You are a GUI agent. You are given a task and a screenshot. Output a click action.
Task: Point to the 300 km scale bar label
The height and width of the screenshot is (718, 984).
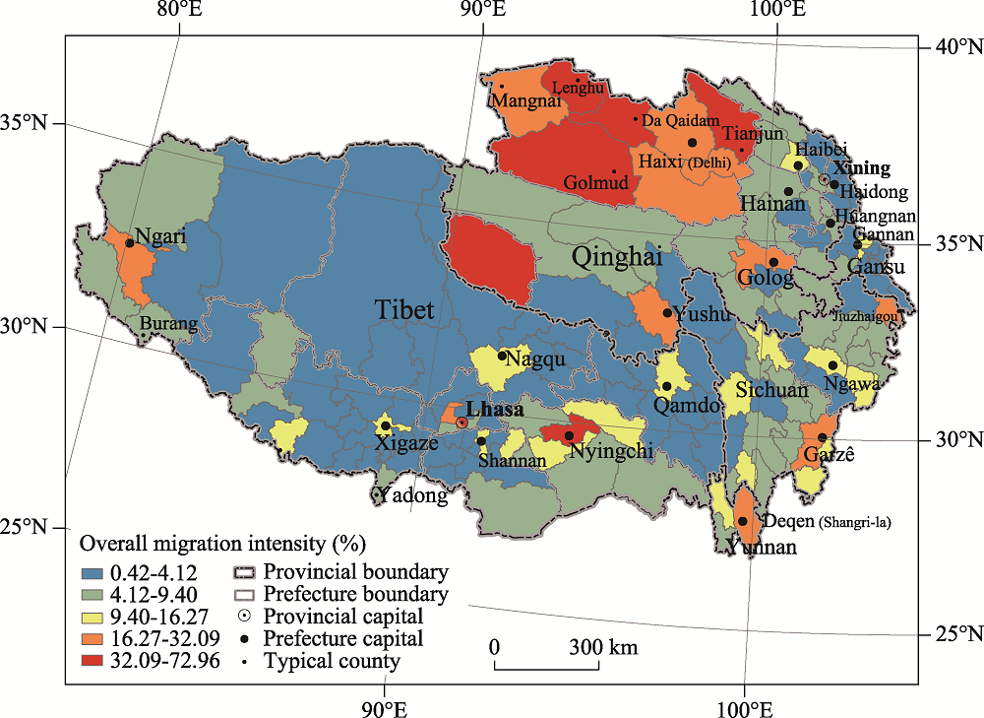[601, 647]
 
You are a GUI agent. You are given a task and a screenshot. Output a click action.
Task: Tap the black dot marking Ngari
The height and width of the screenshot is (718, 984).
[129, 242]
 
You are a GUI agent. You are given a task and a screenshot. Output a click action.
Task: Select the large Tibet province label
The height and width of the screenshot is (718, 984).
[403, 310]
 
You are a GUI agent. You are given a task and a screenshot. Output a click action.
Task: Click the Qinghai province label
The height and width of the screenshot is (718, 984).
[617, 258]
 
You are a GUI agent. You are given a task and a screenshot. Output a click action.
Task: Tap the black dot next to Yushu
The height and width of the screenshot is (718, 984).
[667, 313]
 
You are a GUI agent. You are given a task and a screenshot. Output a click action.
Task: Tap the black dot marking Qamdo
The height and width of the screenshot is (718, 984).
[666, 386]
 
